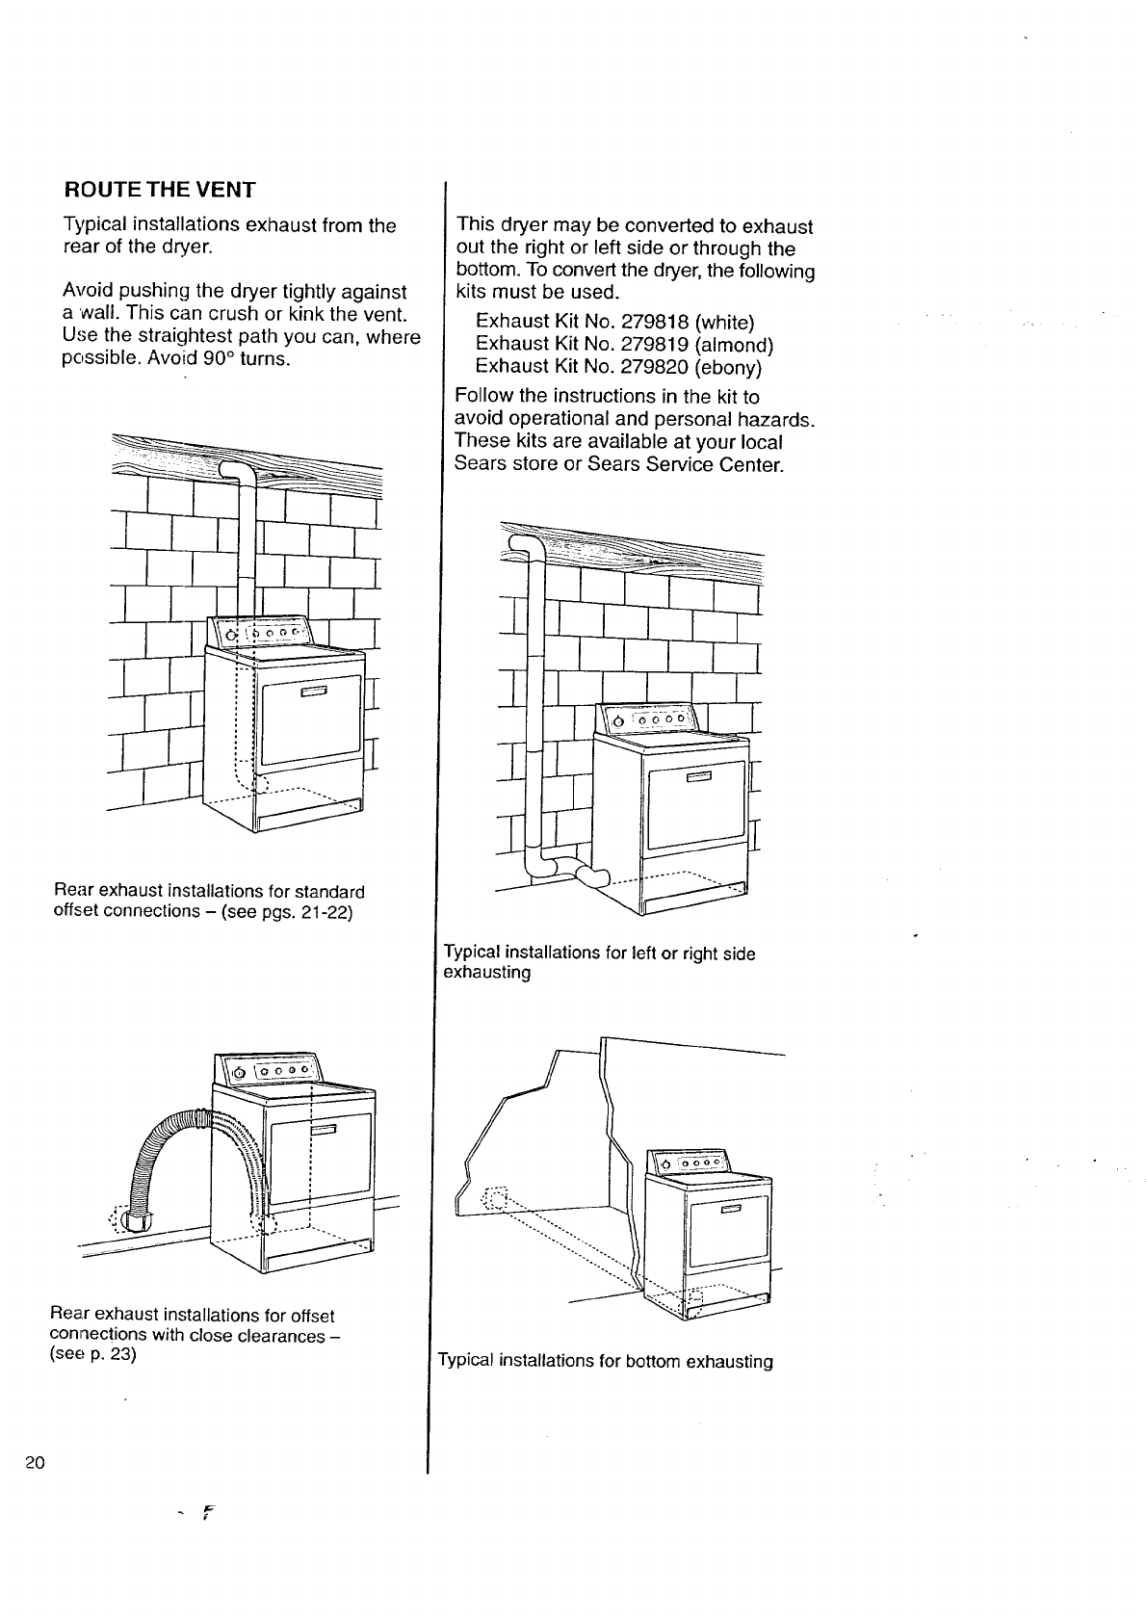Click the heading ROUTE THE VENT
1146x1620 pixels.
[159, 190]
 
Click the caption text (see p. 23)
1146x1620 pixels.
[92, 1354]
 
